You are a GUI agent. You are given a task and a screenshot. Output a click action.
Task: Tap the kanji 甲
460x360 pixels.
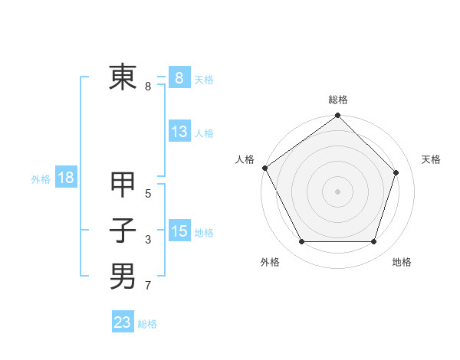point(123,185)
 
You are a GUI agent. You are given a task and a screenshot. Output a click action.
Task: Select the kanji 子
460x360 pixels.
point(123,231)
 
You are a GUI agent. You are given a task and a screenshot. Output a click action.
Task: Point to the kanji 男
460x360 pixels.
point(123,276)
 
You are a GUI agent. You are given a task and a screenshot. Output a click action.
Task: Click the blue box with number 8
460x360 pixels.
point(179,77)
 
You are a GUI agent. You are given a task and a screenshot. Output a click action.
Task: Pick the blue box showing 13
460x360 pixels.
point(179,132)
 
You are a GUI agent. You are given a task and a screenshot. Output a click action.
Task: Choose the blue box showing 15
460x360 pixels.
point(179,231)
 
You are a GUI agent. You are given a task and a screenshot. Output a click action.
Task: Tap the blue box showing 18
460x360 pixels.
point(65,178)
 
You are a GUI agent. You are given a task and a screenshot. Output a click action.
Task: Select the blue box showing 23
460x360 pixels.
point(123,322)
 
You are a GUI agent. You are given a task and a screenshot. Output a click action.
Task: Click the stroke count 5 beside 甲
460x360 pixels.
point(148,194)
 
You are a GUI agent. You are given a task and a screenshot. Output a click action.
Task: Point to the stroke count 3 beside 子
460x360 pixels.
point(148,241)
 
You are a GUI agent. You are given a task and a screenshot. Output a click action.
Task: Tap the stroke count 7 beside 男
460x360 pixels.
point(148,286)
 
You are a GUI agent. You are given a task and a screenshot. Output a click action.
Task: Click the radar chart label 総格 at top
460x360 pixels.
point(338,100)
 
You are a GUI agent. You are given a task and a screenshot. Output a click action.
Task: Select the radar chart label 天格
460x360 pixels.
point(432,159)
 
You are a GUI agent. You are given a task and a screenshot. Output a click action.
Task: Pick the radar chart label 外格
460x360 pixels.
point(270,262)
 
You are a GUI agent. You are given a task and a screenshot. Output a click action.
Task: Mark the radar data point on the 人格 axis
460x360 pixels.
point(264,168)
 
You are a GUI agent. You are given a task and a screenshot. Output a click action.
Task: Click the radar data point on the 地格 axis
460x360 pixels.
point(374,242)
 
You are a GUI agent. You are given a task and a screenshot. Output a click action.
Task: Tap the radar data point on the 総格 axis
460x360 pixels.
point(338,116)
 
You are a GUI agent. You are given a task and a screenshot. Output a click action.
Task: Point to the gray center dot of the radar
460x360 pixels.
point(338,191)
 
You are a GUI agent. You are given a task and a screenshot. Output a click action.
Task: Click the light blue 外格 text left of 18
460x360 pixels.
point(41,179)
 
